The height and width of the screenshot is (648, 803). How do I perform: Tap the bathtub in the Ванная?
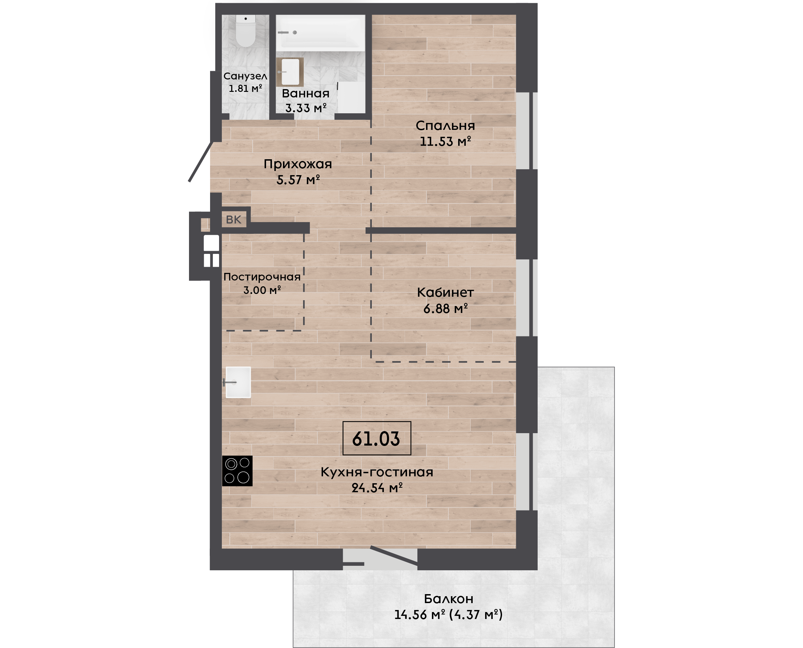[320, 33]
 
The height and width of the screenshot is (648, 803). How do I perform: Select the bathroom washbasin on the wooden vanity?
[290, 72]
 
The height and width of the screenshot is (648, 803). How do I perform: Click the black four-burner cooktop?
[237, 471]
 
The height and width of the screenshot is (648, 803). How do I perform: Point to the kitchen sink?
[238, 382]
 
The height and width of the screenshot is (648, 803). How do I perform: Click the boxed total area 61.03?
[377, 438]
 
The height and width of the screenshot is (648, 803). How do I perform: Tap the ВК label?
[234, 219]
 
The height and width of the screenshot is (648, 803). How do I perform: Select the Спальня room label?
[445, 126]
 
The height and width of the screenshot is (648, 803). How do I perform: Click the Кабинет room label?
[445, 292]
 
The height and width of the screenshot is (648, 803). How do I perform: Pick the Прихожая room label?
[298, 164]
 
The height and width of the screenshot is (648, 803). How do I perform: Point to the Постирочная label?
[262, 277]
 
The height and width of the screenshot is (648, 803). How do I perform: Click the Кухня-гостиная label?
[377, 472]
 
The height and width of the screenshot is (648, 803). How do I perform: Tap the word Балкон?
[449, 599]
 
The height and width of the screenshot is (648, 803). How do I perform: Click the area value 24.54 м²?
[377, 487]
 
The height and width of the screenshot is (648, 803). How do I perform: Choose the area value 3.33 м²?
[306, 108]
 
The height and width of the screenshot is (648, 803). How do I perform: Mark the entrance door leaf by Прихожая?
[201, 161]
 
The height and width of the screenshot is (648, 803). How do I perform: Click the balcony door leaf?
[394, 556]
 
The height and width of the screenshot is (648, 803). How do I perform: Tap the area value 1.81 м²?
[245, 88]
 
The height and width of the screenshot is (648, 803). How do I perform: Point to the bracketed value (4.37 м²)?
[476, 615]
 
